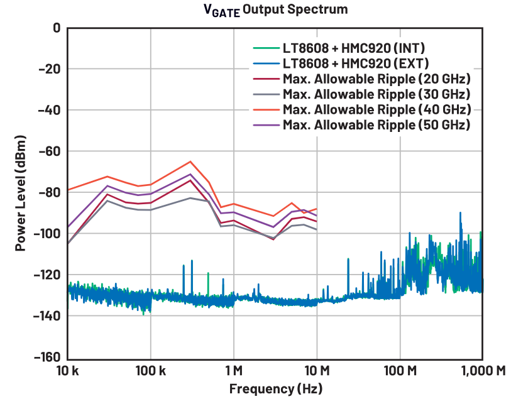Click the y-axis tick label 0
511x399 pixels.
tap(56, 28)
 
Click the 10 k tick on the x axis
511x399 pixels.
tap(67, 371)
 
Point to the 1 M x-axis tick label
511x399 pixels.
tap(234, 371)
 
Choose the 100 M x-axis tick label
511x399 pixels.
tap(400, 371)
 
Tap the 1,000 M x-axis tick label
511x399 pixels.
tap(481, 371)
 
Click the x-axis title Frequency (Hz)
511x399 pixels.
tap(275, 388)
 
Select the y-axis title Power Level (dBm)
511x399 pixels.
tap(21, 193)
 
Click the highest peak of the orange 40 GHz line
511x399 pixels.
tap(190, 161)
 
